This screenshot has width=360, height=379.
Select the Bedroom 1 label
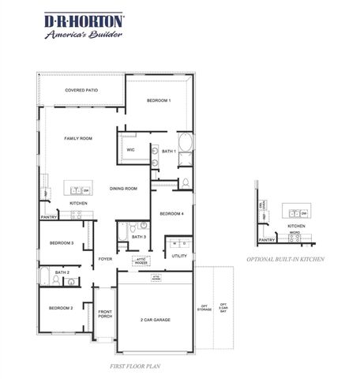(x=159, y=101)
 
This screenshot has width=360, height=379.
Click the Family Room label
(x=78, y=138)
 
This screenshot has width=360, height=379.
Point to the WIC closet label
(x=131, y=149)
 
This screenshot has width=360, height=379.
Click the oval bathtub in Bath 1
(x=185, y=144)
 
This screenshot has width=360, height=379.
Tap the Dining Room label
(x=123, y=188)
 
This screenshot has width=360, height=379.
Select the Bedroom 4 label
(x=171, y=214)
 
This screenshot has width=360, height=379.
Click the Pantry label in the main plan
(x=49, y=216)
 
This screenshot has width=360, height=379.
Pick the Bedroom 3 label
(x=62, y=243)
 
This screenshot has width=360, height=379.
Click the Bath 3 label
(x=138, y=236)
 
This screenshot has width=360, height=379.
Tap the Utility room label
(x=178, y=256)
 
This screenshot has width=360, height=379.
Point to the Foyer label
(x=105, y=259)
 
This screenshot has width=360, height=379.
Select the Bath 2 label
(x=63, y=272)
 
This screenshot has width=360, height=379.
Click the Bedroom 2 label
(x=61, y=308)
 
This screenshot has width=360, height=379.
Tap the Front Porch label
(x=105, y=314)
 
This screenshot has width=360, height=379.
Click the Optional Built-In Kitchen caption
(x=285, y=259)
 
